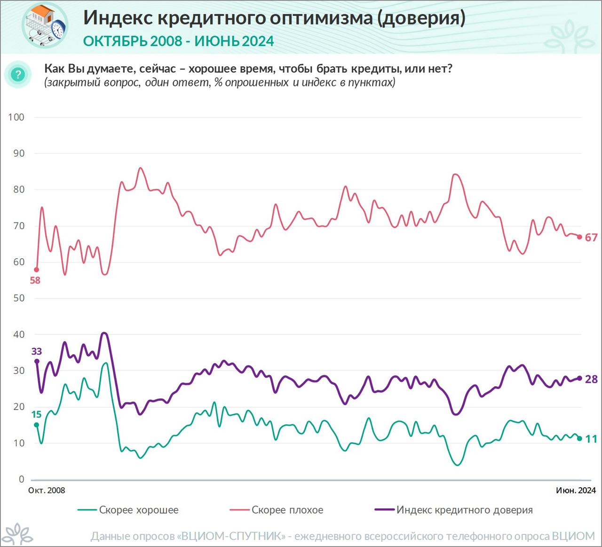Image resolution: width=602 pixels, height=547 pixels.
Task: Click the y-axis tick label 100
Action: (x=16, y=117)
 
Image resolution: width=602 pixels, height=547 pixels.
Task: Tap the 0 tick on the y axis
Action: (x=21, y=479)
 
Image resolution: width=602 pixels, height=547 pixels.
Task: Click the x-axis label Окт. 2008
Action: (x=47, y=490)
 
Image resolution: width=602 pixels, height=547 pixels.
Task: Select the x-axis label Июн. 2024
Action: (x=576, y=490)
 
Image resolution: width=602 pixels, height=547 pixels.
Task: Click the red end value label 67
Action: (x=591, y=237)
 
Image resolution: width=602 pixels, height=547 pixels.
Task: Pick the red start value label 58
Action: (x=35, y=280)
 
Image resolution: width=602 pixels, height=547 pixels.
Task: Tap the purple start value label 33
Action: (x=36, y=351)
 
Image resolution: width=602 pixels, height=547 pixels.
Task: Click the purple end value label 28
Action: (x=591, y=379)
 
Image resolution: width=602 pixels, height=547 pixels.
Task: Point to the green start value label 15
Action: (x=36, y=414)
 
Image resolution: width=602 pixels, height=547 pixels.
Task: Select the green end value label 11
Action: (x=591, y=439)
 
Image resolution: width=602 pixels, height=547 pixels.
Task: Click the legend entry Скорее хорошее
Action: (x=138, y=510)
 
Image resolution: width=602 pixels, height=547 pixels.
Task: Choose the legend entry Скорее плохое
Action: (x=287, y=510)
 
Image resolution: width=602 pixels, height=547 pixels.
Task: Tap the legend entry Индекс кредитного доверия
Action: (x=464, y=510)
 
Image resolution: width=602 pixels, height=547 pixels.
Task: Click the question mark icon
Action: (x=18, y=74)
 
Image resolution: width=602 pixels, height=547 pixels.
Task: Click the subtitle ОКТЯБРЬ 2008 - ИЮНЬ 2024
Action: (x=178, y=41)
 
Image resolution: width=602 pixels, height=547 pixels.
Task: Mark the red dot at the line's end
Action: (x=579, y=237)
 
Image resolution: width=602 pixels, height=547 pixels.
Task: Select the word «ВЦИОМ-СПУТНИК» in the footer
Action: (x=233, y=536)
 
